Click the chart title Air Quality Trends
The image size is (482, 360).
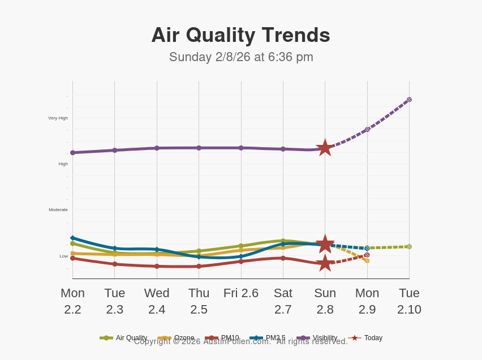[x=240, y=35]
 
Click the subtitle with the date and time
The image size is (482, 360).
[x=241, y=57]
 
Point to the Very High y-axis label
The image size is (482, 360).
[x=58, y=118]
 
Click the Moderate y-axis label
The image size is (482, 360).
[x=58, y=210]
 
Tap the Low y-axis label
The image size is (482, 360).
[x=64, y=256]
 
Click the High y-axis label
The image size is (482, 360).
[x=63, y=164]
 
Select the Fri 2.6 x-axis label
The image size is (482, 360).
[x=241, y=293]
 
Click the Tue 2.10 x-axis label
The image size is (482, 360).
[x=409, y=301]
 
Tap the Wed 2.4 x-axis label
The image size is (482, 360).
[x=157, y=301]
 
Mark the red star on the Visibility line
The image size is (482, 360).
[x=325, y=148]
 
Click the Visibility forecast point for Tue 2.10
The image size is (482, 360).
[x=409, y=100]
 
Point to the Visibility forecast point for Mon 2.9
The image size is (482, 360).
[x=367, y=130]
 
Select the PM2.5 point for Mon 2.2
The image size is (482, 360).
[x=72, y=238]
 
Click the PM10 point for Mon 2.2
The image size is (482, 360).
[x=72, y=258]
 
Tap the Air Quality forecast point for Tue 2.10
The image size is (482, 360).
[x=409, y=247]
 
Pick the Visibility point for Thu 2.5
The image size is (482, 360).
[x=199, y=148]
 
